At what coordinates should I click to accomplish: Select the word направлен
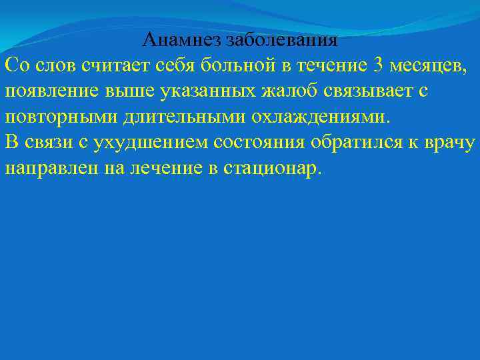(51, 168)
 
